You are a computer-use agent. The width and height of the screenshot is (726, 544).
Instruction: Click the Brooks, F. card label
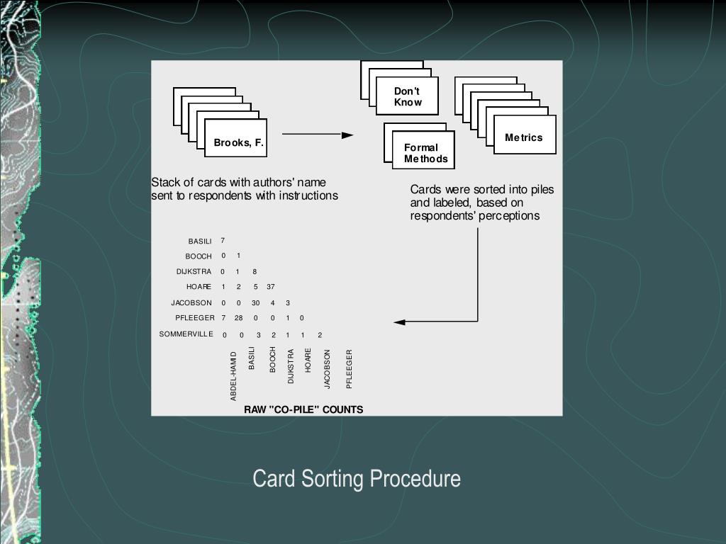click(238, 142)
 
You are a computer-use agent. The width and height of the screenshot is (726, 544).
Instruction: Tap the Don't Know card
click(408, 97)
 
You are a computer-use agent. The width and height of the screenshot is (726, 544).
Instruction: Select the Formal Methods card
click(425, 153)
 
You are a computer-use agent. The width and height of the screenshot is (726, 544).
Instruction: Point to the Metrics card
click(524, 137)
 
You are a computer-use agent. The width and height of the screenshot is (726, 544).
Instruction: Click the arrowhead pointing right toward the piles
click(347, 135)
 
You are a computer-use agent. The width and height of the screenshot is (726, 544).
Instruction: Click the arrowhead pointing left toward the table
click(400, 322)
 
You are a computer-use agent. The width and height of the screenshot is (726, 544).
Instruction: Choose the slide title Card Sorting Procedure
click(357, 479)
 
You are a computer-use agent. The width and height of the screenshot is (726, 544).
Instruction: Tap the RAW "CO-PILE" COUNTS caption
click(303, 409)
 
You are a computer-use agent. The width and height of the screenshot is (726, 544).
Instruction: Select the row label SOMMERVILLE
click(186, 334)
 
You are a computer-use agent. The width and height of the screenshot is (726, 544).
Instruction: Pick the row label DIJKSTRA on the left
click(194, 271)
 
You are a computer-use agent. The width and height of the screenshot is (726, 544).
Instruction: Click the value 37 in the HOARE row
click(271, 287)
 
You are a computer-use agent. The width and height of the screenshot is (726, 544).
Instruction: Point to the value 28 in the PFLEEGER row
click(239, 318)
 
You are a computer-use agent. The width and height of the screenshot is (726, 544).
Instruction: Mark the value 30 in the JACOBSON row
click(255, 302)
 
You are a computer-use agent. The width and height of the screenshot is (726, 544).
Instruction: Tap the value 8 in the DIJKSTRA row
click(255, 271)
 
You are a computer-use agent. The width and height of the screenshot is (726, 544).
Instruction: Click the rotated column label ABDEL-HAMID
click(234, 376)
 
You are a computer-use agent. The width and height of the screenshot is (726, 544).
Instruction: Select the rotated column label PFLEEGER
click(349, 369)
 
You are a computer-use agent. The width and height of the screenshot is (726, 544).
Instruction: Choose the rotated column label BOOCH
click(272, 360)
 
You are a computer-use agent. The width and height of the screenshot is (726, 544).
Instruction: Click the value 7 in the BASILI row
click(223, 241)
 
